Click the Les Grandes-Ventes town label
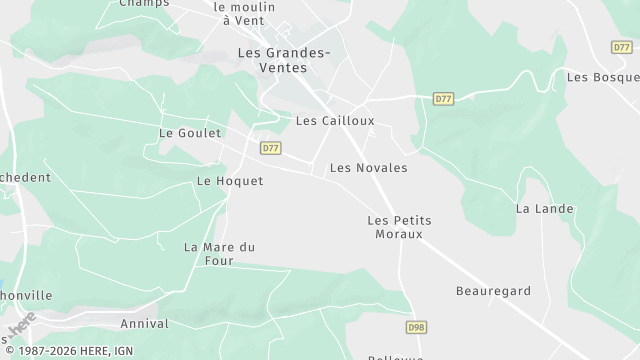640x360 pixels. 273,59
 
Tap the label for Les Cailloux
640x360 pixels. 335,121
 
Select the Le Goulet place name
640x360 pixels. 189,132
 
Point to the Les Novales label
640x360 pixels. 368,168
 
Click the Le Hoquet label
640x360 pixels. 230,181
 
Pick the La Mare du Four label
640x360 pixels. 220,253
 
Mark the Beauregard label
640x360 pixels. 492,291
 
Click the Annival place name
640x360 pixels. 144,324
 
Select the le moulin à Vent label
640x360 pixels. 244,12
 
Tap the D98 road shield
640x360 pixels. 416,327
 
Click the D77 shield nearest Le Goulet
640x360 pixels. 270,148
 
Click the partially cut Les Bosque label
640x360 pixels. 602,77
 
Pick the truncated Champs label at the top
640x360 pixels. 144,3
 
